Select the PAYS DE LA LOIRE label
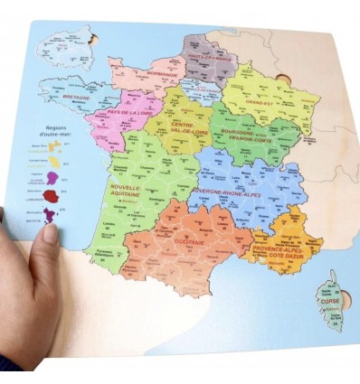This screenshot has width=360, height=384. point(128,112)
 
